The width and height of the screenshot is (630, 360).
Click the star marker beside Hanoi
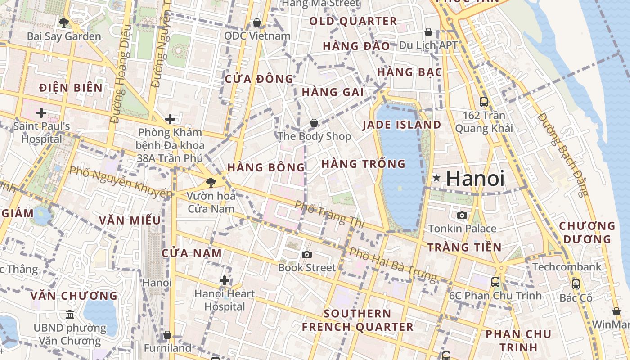[x=436, y=178]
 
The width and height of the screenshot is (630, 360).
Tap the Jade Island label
[x=401, y=125]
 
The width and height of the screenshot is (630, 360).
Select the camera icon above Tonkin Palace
[x=462, y=215]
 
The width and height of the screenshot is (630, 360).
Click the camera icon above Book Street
[x=307, y=254]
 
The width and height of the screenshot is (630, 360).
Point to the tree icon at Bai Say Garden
[x=63, y=22]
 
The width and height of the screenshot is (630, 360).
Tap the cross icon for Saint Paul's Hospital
[x=41, y=112]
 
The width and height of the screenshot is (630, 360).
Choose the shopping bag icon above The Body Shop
[x=314, y=122]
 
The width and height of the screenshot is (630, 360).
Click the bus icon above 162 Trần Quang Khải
[x=484, y=102]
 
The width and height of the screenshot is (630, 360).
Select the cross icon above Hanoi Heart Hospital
[x=225, y=280]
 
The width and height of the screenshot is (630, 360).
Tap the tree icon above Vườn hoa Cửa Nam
[x=210, y=182]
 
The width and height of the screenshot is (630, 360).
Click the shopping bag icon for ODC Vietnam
[x=257, y=22]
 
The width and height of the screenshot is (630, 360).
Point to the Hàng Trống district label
[x=364, y=164]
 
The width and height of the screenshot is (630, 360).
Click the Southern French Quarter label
[x=358, y=320]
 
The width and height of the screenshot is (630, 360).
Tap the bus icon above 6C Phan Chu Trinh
[x=495, y=282]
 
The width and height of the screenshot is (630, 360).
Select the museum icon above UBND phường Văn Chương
[x=70, y=314]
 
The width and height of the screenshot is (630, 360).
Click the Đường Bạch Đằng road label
[x=562, y=154]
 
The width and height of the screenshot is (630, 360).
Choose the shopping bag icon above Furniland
[x=167, y=335]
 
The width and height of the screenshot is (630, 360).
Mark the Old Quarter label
[x=353, y=21]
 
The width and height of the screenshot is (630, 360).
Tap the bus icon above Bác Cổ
[x=576, y=284]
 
